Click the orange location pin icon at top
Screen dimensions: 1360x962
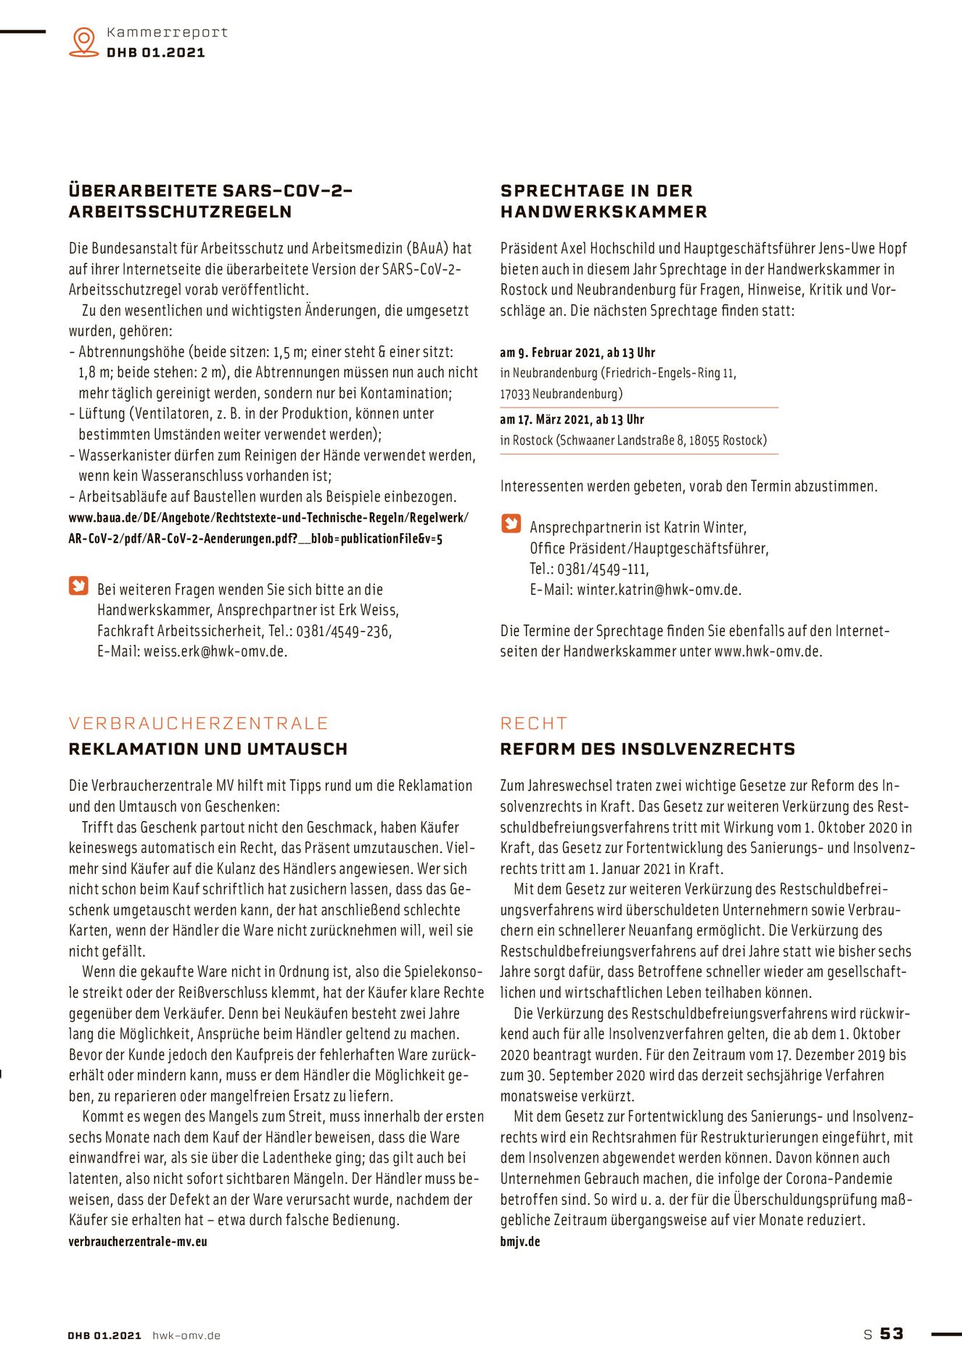pyautogui.click(x=84, y=41)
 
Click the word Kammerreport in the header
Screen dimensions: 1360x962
pyautogui.click(x=167, y=33)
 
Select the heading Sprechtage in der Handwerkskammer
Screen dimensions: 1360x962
pyautogui.click(x=603, y=201)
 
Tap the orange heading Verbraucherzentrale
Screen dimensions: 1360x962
pyautogui.click(x=199, y=723)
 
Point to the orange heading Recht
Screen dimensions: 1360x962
pyautogui.click(x=534, y=723)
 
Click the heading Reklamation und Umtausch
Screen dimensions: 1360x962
pyautogui.click(x=208, y=749)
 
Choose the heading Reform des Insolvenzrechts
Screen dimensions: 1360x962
pyautogui.click(x=647, y=749)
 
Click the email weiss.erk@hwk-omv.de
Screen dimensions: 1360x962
pyautogui.click(x=215, y=651)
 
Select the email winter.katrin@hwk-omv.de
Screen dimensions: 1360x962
pyautogui.click(x=659, y=590)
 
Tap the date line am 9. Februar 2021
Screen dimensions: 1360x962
pyautogui.click(x=577, y=353)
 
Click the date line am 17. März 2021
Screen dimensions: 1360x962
pyautogui.click(x=572, y=419)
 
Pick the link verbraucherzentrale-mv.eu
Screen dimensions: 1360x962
pyautogui.click(x=138, y=1241)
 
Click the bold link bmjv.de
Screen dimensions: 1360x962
pyautogui.click(x=520, y=1241)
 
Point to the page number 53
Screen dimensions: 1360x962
pyautogui.click(x=892, y=1333)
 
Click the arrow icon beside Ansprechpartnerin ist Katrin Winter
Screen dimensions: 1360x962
pyautogui.click(x=511, y=524)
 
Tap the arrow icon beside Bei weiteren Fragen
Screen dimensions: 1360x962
pyautogui.click(x=78, y=585)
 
